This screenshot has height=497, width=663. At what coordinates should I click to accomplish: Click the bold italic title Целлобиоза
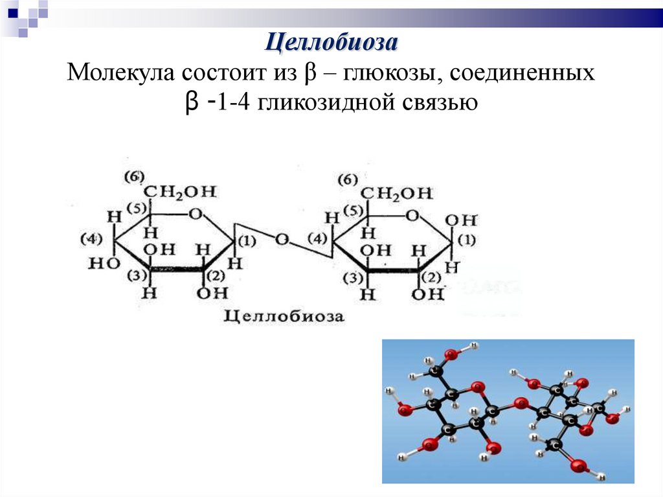pos(331,43)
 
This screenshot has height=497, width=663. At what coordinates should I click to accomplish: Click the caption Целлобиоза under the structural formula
pos(284,317)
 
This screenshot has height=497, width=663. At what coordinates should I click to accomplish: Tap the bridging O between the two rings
pos(282,239)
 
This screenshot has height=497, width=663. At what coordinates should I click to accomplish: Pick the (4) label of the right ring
pos(317,238)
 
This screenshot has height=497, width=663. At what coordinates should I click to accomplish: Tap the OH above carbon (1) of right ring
pos(465,219)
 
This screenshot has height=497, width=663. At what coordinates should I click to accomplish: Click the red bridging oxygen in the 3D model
pos(519,404)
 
